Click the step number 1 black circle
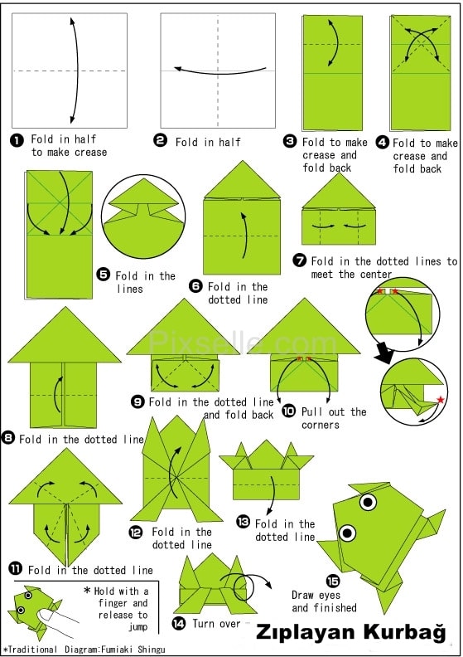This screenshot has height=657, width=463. click(x=17, y=140)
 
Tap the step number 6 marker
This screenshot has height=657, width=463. click(x=195, y=286)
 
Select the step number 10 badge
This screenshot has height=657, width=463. click(x=288, y=411)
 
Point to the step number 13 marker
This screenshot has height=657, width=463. click(x=243, y=522)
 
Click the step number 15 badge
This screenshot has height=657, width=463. click(x=333, y=581)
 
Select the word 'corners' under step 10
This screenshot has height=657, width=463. click(x=321, y=425)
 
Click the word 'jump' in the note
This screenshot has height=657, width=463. click(x=138, y=627)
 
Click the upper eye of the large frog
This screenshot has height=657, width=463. click(x=368, y=502)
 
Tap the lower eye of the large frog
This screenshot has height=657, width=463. click(x=347, y=533)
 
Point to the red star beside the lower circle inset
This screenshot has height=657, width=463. click(x=441, y=399)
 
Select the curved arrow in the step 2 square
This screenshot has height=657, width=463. click(x=220, y=72)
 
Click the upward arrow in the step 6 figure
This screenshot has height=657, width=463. click(x=244, y=235)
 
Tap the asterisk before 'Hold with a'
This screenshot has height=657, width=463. click(x=87, y=590)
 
